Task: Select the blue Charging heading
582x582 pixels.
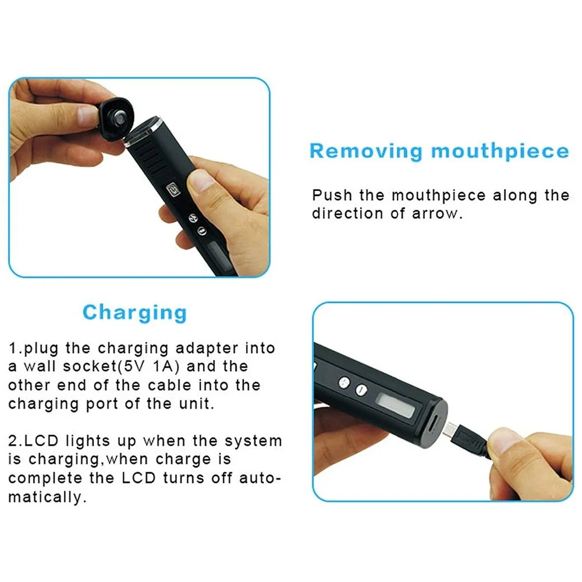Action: [134, 313]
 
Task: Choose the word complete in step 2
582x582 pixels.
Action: [44, 478]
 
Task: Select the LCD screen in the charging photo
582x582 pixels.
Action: [396, 405]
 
